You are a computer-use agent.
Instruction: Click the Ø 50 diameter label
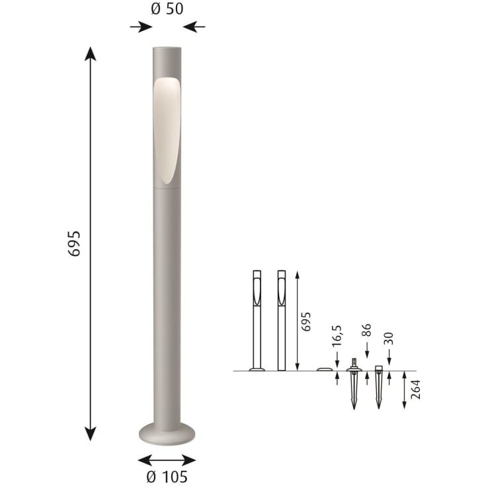coord(167,9)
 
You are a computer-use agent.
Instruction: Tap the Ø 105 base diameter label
coord(167,476)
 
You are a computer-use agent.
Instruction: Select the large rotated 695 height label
coord(74,243)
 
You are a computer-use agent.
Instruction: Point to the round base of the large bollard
coord(167,433)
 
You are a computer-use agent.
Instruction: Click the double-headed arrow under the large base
coord(167,460)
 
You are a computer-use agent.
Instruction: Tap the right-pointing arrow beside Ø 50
coord(141,27)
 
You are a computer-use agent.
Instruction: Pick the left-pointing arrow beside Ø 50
coord(194,27)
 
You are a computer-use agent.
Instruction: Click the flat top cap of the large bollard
coord(167,48)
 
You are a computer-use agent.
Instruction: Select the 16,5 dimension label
coord(337,336)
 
